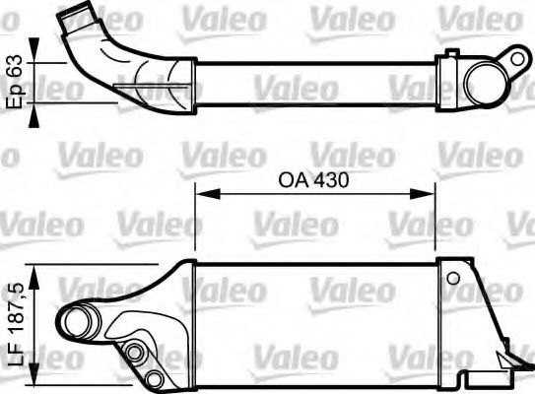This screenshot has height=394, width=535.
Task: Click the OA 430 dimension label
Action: click(315, 181)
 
